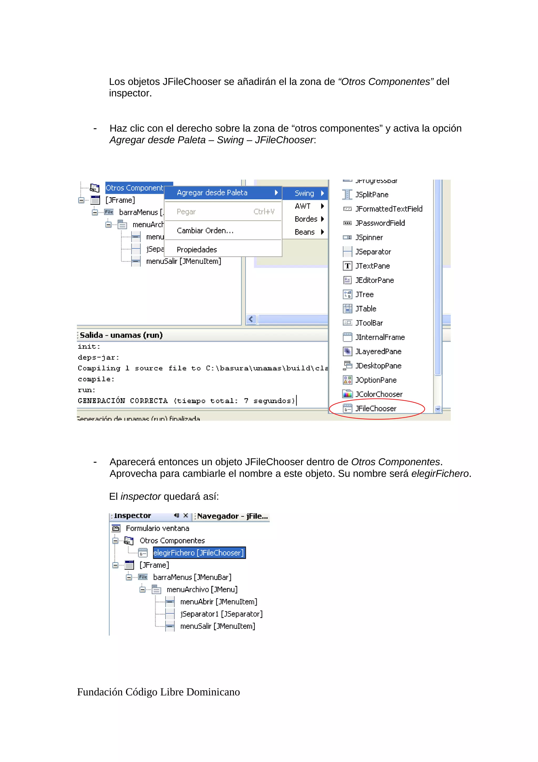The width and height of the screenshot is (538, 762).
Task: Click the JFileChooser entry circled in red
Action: (x=376, y=409)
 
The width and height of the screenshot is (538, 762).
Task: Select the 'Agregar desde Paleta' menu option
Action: (x=212, y=193)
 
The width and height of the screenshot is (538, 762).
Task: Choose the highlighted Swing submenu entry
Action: (x=304, y=193)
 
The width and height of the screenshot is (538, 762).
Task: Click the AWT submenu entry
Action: (x=303, y=206)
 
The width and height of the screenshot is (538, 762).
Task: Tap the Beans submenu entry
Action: (x=304, y=232)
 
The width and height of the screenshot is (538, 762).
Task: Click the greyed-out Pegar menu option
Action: (x=186, y=212)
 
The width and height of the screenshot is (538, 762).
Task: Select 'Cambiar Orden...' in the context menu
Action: (x=205, y=231)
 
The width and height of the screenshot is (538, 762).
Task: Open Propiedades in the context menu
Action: (x=196, y=250)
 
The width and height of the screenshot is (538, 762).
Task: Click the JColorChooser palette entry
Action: (x=379, y=394)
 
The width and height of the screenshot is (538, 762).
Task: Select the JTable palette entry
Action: (x=366, y=309)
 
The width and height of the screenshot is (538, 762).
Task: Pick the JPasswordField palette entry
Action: (x=380, y=223)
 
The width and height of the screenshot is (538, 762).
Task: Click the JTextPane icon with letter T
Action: (x=347, y=266)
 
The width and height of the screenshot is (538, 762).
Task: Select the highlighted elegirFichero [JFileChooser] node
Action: (x=199, y=553)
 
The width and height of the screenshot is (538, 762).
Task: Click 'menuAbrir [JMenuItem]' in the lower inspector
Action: (x=219, y=602)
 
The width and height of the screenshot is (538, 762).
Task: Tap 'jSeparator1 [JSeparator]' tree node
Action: (x=221, y=614)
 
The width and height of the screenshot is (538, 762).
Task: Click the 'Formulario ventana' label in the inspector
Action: (x=157, y=528)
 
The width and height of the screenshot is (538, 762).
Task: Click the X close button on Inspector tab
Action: (x=186, y=515)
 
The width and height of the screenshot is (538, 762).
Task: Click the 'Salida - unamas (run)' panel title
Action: (x=121, y=335)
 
